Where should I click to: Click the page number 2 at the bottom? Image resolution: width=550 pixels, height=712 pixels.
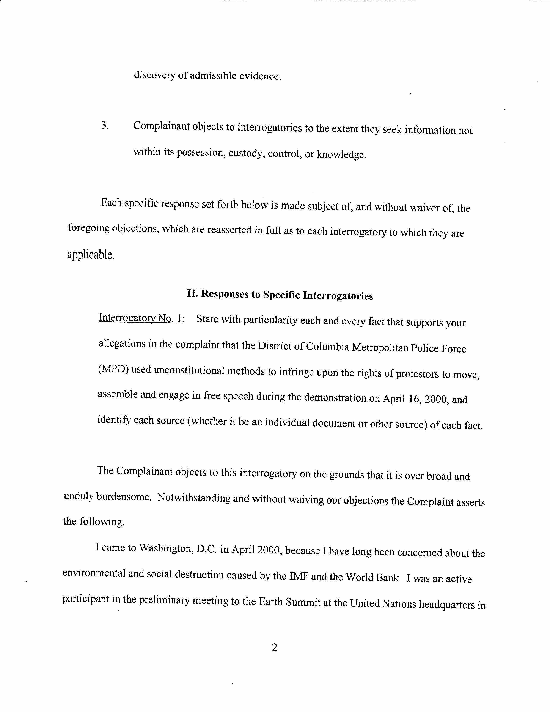(x=274, y=648)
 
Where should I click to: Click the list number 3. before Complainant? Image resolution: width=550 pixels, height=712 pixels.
(x=105, y=126)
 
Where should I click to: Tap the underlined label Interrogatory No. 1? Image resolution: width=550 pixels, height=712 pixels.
(x=140, y=318)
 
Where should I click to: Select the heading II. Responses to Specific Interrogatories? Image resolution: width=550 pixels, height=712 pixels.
(x=280, y=295)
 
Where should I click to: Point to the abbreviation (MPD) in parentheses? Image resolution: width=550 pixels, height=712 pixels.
(x=112, y=370)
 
